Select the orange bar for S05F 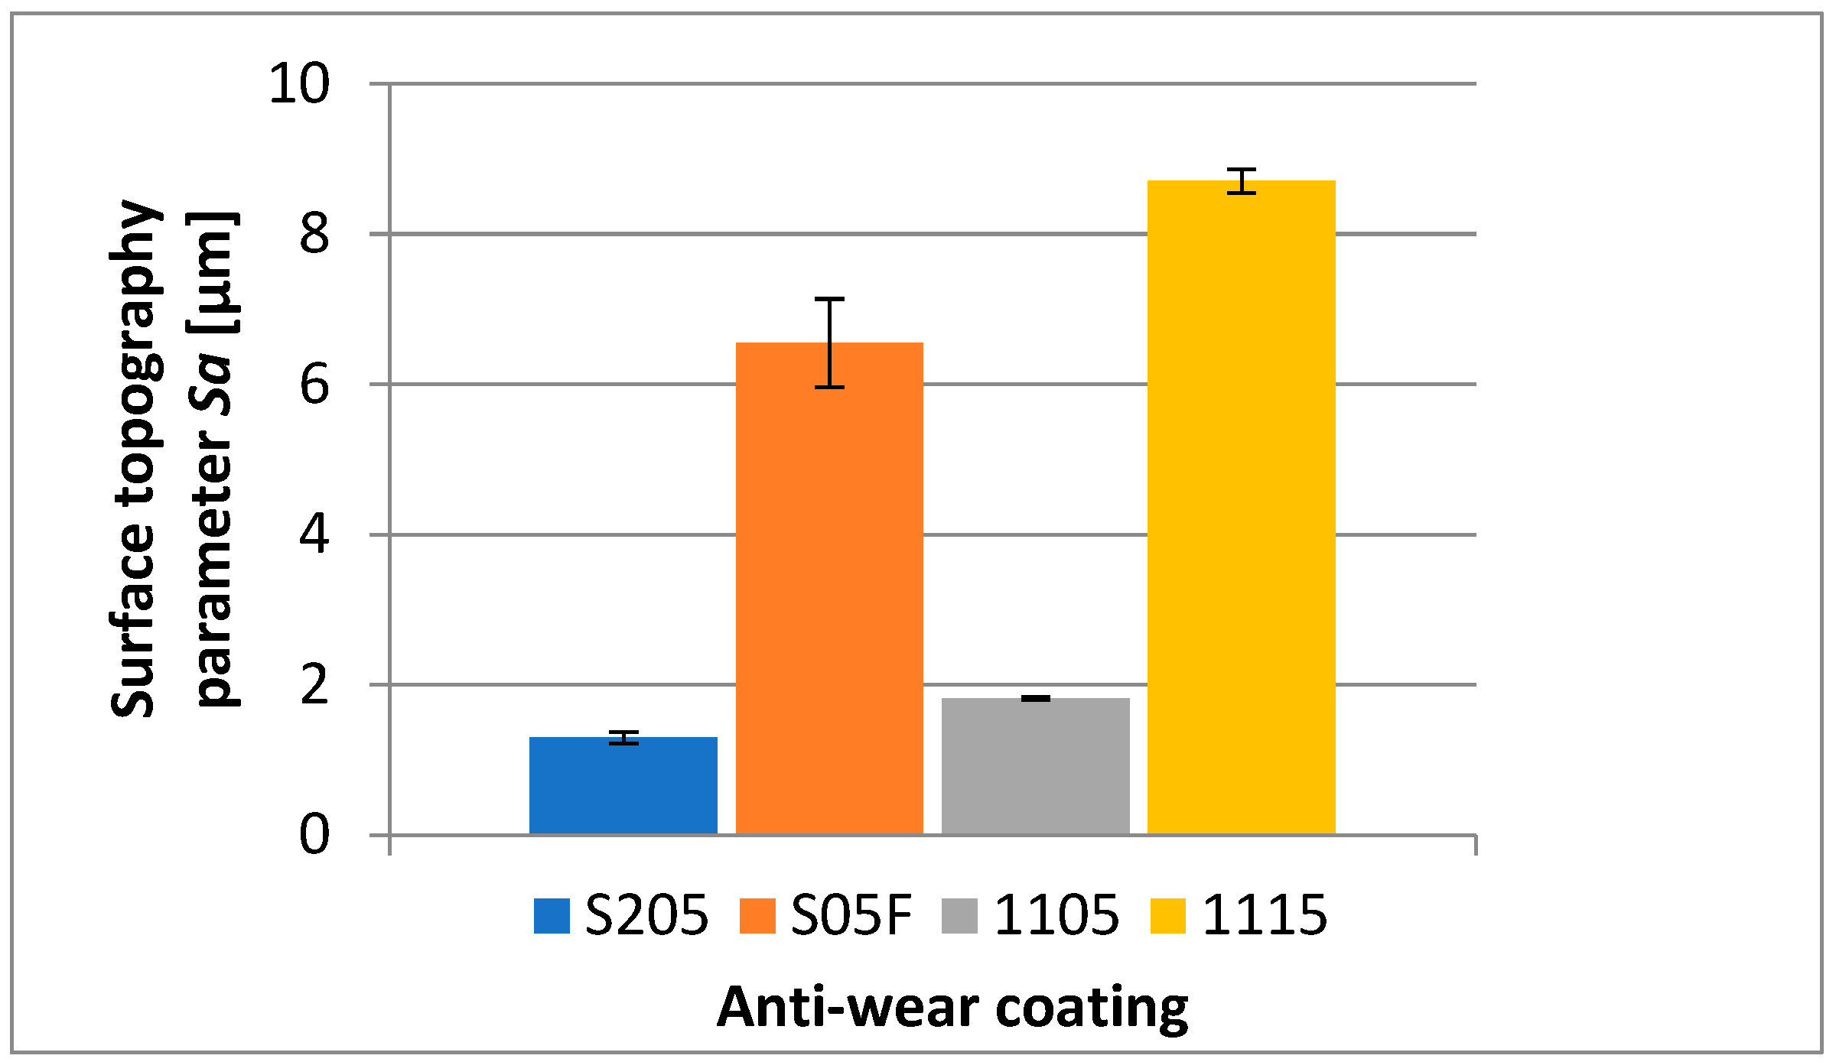[829, 589]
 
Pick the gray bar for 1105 [1035, 765]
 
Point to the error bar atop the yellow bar [1241, 181]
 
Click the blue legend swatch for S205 [552, 916]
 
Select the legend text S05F [851, 915]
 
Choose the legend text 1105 [1056, 915]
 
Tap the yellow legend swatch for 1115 [1167, 916]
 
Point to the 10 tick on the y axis [299, 84]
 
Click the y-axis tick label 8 [314, 234]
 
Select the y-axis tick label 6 [314, 385]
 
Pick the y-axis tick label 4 [314, 534]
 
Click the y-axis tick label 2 [314, 685]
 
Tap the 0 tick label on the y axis [314, 834]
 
